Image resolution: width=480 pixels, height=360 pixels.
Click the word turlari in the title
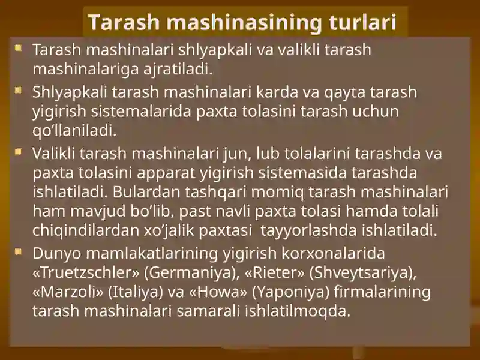363,22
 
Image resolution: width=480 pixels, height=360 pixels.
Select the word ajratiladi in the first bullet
178,69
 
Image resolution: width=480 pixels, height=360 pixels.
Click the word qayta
345,93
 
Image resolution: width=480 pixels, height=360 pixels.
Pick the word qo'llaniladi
74,131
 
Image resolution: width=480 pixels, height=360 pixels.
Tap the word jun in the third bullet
238,154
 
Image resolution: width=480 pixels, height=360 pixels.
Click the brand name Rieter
275,272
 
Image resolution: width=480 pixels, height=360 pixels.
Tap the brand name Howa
218,292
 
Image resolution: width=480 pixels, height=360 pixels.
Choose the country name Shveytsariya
363,273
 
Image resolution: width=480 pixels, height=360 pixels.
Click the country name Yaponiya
290,292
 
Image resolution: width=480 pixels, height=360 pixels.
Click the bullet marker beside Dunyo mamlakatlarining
19,251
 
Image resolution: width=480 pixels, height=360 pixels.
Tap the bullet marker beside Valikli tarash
19,152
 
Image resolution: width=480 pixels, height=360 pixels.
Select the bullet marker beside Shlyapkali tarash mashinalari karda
19,91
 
